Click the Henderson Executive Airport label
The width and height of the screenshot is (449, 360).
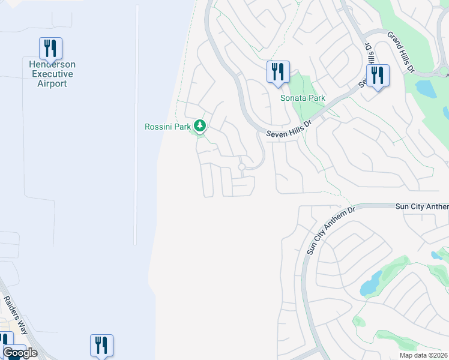[51, 74]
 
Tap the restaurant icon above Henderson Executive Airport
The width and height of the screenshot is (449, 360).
[51, 48]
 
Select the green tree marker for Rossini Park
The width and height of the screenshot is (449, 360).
[200, 126]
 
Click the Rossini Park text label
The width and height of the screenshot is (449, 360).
[167, 127]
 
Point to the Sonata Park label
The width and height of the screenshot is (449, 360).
[298, 97]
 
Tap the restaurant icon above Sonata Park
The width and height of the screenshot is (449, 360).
[278, 71]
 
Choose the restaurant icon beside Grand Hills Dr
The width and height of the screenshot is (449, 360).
[378, 75]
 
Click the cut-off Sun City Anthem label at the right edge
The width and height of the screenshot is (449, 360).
[421, 206]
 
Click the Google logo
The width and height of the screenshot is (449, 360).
[20, 353]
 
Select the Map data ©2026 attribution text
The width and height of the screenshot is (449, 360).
[423, 355]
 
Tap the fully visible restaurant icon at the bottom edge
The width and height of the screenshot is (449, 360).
[101, 345]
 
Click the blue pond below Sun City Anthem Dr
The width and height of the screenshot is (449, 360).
[371, 283]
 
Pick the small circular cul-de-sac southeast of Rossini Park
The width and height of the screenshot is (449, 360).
[242, 167]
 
